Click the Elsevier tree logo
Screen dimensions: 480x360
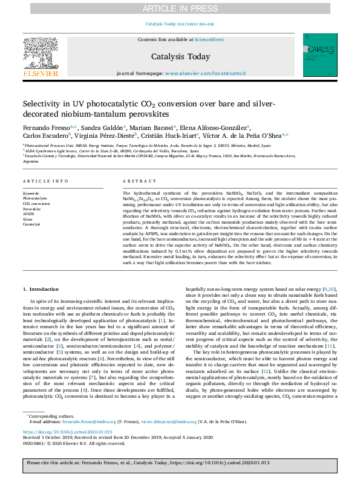(40, 56)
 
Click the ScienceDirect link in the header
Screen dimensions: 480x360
(209, 40)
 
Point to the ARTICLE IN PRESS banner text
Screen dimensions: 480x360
(180, 8)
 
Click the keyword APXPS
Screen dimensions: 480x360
(28, 213)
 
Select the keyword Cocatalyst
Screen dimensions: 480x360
(31, 224)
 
